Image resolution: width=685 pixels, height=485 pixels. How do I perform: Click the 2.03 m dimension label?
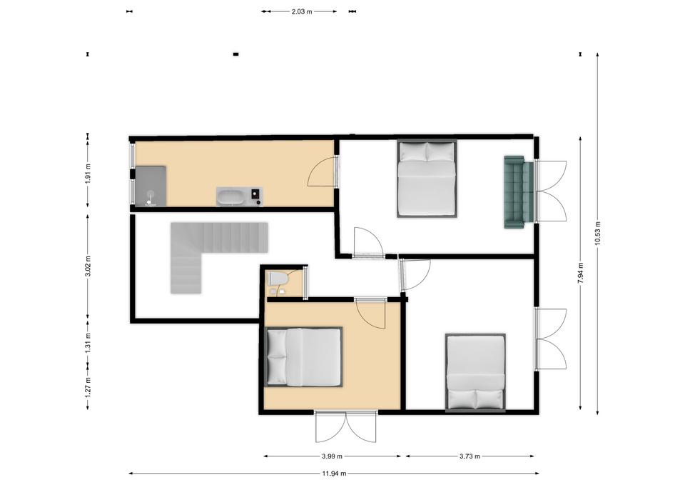[302, 12]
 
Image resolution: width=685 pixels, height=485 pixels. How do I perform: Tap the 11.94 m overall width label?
[334, 473]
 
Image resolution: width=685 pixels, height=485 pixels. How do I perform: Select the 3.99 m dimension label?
[332, 456]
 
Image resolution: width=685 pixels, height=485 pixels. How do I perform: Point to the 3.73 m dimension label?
[470, 456]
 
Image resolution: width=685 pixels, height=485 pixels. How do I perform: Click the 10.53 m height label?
[598, 234]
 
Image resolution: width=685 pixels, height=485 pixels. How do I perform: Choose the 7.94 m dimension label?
[581, 274]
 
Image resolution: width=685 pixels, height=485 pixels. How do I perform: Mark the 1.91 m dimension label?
[88, 174]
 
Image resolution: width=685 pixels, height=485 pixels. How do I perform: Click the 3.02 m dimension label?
[88, 266]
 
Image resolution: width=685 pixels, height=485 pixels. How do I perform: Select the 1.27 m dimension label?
[88, 387]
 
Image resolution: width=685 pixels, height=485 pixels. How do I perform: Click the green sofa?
[519, 192]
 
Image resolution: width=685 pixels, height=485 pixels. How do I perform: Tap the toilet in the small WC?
[278, 278]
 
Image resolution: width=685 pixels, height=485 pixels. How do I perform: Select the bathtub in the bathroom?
[231, 196]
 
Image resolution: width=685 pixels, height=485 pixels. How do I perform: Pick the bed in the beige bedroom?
[304, 357]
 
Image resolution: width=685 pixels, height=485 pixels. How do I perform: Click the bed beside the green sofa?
[427, 179]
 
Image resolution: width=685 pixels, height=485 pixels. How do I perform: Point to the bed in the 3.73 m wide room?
[476, 373]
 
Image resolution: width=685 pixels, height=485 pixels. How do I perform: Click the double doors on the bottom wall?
[346, 426]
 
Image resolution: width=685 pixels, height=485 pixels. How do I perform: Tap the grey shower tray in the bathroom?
[151, 186]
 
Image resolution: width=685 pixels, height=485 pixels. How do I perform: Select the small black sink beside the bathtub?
[255, 196]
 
